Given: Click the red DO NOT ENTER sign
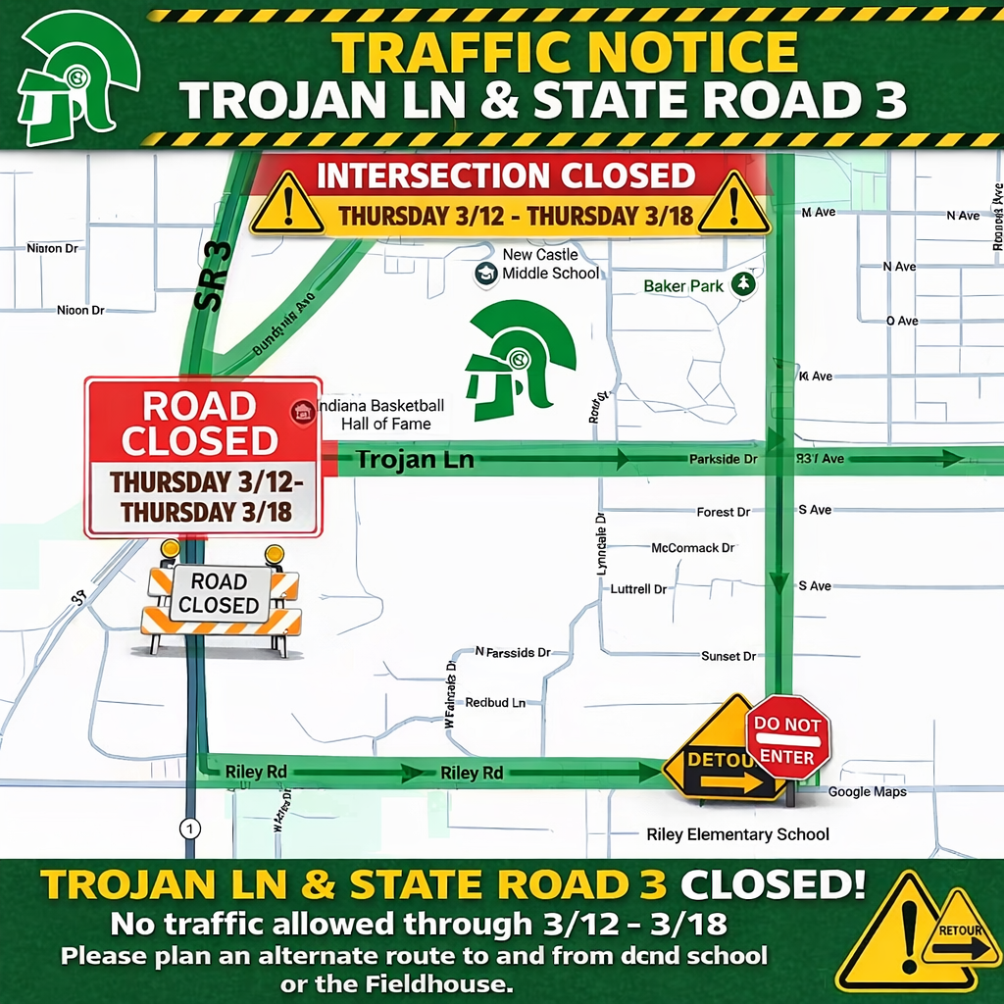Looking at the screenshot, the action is point(787,737).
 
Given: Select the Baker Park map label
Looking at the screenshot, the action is point(683,286).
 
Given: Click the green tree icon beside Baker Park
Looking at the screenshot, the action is point(747,284).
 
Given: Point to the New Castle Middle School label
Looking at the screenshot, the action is point(550,264).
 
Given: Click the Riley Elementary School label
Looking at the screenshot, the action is point(737,834).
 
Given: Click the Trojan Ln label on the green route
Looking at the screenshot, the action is point(414,459).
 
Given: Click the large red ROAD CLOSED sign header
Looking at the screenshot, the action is point(201,424).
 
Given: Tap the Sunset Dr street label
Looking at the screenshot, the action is point(728,656).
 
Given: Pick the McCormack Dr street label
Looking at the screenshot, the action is point(692,548).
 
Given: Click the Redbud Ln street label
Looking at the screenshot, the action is point(495,703).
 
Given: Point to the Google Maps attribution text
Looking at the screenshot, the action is point(867,791).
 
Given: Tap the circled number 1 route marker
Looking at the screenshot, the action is point(189,828).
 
